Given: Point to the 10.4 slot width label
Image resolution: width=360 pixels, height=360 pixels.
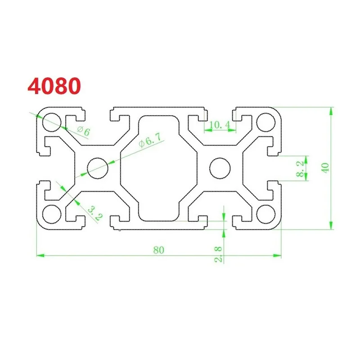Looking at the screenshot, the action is (220, 125).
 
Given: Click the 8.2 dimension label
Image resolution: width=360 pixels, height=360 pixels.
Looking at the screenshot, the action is (299, 168).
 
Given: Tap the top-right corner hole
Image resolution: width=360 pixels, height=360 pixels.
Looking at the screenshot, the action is (266, 121).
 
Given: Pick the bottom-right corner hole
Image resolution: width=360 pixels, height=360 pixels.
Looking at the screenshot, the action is (266, 214).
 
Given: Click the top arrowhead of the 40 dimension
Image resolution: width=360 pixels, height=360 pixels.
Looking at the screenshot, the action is (332, 111).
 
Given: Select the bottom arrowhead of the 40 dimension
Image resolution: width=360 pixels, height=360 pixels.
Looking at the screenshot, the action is (332, 225).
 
